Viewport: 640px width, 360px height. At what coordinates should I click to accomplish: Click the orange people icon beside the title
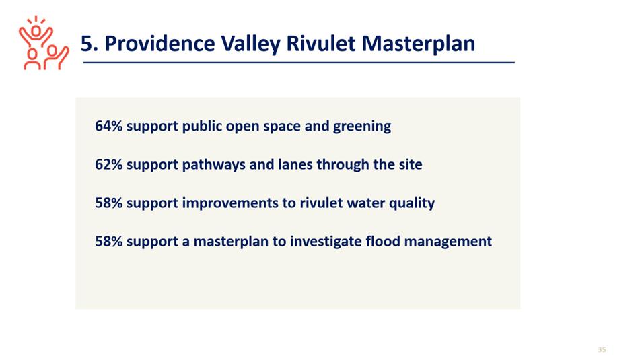pyautogui.click(x=44, y=43)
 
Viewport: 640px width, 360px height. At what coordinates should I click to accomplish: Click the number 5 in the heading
pyautogui.click(x=87, y=44)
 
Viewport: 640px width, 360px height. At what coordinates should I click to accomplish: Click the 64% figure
pyautogui.click(x=108, y=126)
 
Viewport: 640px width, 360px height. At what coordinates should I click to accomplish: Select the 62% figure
pyautogui.click(x=108, y=164)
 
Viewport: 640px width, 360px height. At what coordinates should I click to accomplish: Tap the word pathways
pyautogui.click(x=213, y=166)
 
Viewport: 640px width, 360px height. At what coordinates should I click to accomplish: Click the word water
pyautogui.click(x=365, y=203)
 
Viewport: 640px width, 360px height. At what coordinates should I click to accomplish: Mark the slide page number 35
pyautogui.click(x=602, y=349)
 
